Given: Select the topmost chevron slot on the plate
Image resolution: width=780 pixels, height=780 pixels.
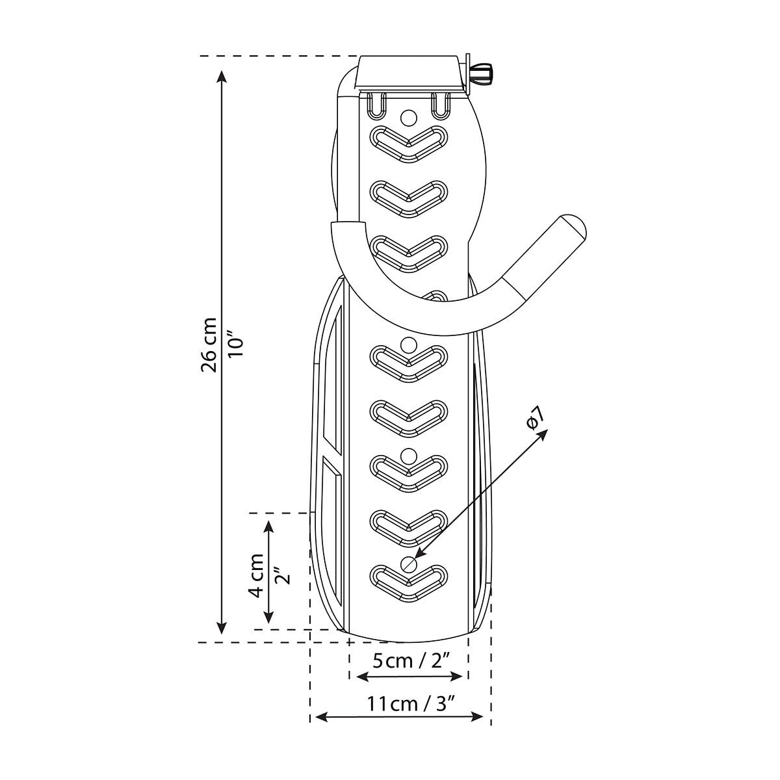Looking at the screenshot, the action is coord(409,144).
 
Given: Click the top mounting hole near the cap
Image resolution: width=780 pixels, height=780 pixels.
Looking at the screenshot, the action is coord(408,118).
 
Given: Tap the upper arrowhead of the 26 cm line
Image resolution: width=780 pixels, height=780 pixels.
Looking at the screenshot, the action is coord(221,77).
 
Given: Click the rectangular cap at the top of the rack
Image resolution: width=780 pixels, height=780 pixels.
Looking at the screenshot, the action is coord(409,73).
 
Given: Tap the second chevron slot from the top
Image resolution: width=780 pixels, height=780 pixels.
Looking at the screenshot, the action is coord(409,198).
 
